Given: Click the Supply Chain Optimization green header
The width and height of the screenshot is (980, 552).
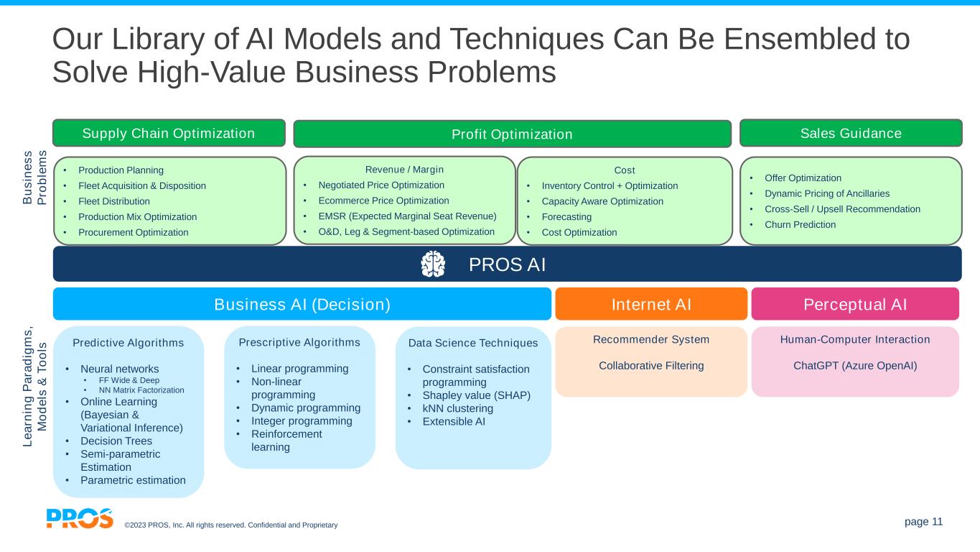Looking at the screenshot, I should [169, 133].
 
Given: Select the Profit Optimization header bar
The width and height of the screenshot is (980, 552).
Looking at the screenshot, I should [512, 134].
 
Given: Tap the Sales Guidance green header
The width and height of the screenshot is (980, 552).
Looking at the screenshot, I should [851, 133].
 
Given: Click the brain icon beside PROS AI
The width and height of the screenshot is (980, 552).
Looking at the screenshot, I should [433, 264].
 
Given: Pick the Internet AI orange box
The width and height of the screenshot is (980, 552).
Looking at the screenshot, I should [651, 304].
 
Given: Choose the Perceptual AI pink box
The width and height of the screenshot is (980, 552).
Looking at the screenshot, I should [855, 304].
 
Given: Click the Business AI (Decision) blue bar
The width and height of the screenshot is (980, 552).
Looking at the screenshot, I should [302, 304].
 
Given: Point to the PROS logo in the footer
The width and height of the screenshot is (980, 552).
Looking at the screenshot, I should [80, 518].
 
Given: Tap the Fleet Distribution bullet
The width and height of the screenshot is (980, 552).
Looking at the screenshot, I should [114, 201].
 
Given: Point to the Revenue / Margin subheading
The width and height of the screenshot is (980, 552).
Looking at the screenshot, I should [405, 170].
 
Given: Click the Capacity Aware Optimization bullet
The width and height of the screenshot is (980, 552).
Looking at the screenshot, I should [602, 201].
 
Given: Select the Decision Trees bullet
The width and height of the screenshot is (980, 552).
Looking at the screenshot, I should [116, 441].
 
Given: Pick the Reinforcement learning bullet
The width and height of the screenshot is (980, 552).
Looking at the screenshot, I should [287, 441].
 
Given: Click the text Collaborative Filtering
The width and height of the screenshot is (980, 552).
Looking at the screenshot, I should [651, 365].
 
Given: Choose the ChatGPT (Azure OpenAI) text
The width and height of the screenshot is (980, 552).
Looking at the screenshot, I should [855, 365].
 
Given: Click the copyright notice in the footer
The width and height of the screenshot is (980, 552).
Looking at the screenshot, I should [230, 525].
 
